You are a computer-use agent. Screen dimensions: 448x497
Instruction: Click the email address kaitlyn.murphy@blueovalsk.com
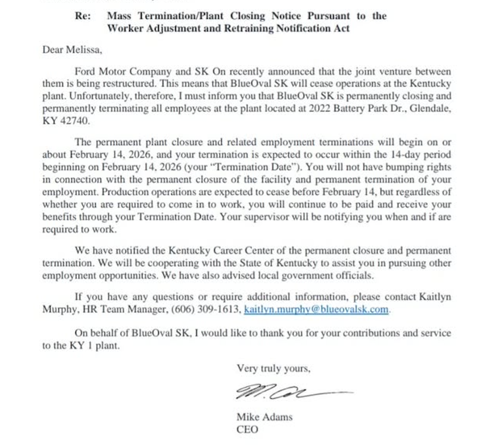[x=317, y=310]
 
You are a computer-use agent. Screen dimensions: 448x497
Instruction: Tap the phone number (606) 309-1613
[x=209, y=310]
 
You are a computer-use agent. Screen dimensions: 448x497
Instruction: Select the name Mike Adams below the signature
[x=264, y=417]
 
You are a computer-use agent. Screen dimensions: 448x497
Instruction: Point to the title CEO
[x=247, y=429]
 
